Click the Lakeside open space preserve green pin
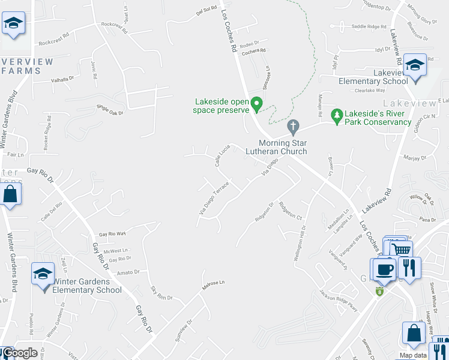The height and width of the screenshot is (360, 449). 258,104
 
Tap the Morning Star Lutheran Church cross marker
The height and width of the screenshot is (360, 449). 293,127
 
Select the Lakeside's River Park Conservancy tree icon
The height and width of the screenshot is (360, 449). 337,115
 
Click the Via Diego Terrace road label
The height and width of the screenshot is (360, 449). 214,200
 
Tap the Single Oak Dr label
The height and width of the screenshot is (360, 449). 109,110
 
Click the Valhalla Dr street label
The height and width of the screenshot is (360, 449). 62,78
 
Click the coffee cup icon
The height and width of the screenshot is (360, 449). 384,269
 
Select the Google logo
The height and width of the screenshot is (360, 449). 19,353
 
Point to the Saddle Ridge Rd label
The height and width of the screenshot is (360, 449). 369,26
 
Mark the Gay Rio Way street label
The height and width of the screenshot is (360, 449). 112,233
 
